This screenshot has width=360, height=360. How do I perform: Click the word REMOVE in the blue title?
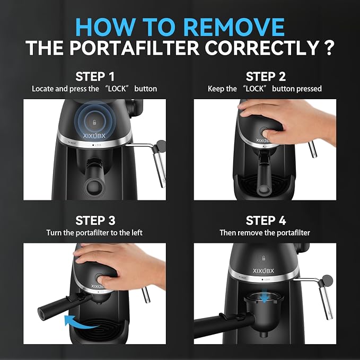234,27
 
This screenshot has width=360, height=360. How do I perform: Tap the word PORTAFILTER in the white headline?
134,48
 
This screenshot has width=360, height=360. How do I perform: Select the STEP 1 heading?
95,77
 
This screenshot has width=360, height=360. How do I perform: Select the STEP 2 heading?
266,77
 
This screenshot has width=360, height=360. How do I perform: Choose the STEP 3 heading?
95,221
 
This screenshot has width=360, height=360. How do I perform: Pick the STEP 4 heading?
266,221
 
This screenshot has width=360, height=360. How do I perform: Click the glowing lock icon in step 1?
94,122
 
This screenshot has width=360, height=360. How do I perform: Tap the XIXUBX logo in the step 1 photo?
94,136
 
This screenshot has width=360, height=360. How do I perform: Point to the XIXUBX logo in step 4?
264,271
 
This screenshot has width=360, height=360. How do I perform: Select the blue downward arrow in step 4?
265,298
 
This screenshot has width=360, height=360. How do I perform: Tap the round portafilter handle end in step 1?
93,187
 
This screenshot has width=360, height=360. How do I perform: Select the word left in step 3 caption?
137,233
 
